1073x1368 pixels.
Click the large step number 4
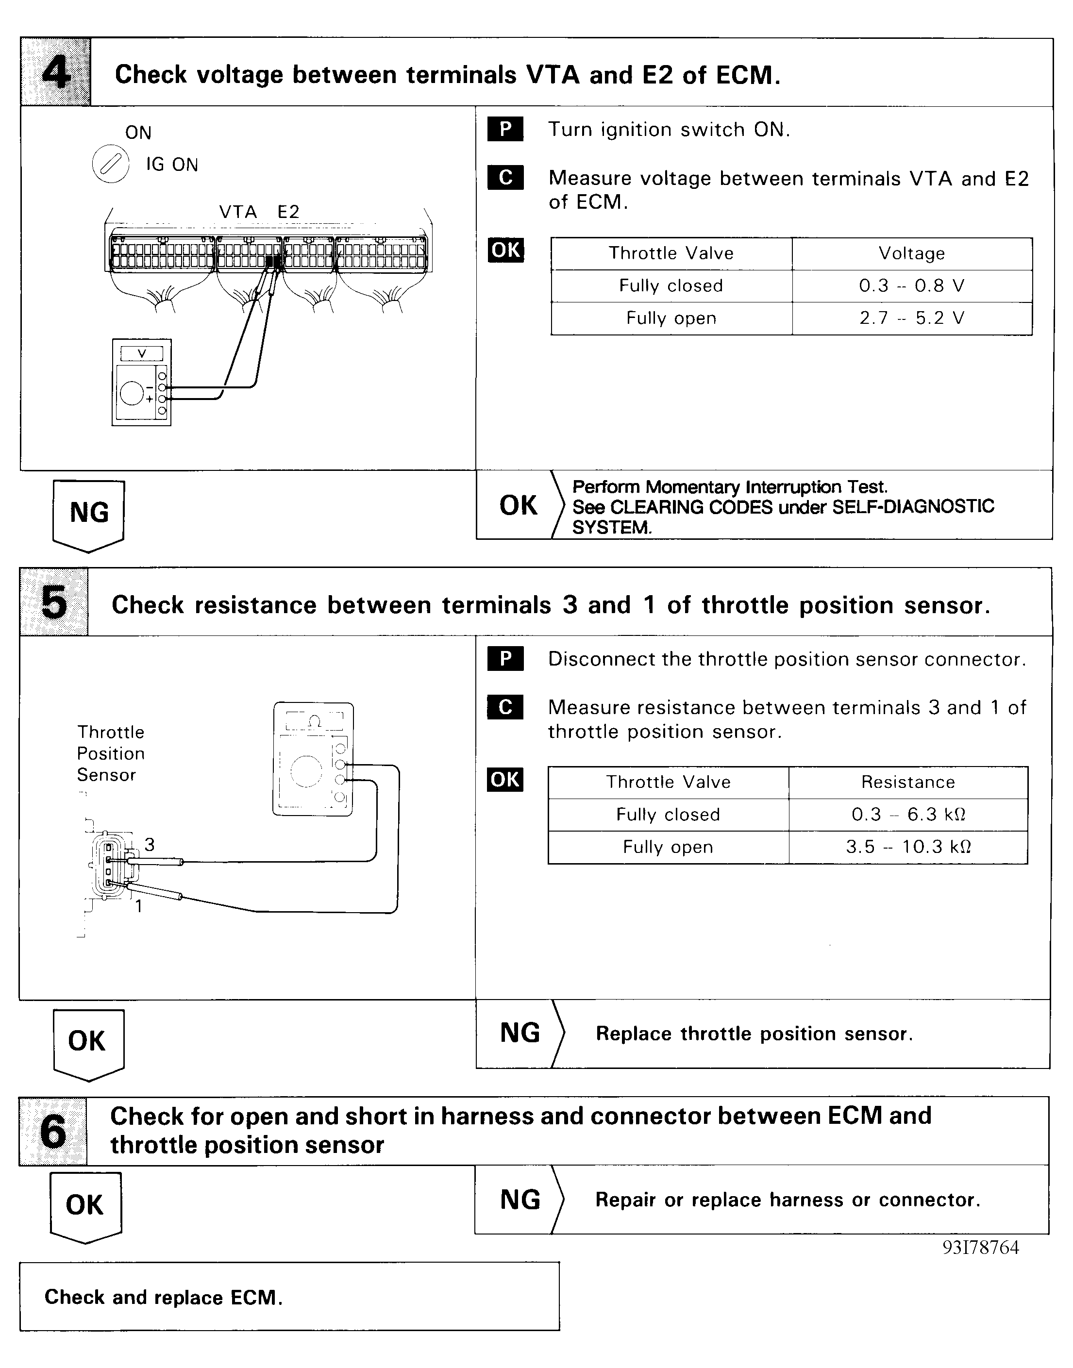56,73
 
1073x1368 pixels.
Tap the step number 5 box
54,602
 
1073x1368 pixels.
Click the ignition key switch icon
111,165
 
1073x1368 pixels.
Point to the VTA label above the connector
238,212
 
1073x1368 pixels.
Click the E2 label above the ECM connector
288,212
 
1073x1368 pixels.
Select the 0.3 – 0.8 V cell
911,286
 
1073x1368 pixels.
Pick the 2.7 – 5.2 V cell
911,318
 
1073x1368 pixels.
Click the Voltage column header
911,254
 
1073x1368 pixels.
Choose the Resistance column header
908,783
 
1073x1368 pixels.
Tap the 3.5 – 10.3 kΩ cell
908,847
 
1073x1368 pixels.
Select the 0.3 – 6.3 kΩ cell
908,815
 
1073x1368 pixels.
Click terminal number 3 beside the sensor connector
150,845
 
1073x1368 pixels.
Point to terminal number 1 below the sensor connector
139,906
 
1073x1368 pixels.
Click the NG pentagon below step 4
88,514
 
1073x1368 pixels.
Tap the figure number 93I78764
981,1248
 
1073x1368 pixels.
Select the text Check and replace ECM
163,1298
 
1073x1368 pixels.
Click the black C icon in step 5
505,707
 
